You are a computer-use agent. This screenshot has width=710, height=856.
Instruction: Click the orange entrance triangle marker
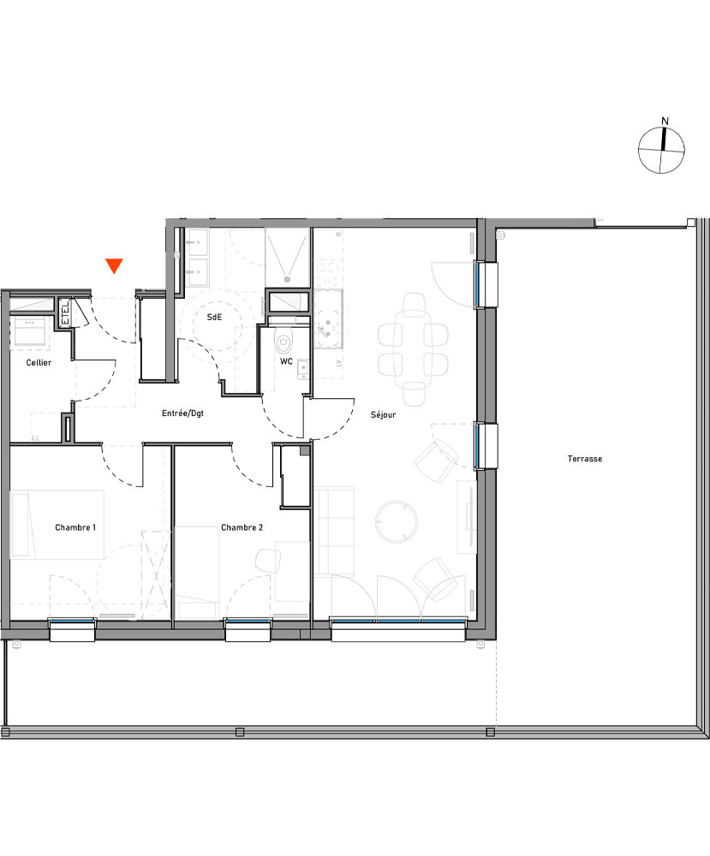[115, 266]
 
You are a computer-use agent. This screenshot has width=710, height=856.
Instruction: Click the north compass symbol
[662, 150]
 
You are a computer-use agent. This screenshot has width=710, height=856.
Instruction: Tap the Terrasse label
[585, 459]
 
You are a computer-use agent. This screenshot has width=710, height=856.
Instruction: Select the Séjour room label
[383, 415]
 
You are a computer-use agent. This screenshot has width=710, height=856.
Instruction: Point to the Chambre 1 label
[75, 528]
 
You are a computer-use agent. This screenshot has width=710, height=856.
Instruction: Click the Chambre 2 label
[242, 528]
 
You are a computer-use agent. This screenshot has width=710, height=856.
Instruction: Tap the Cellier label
[38, 363]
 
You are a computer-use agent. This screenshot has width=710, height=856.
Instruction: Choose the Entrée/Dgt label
[182, 413]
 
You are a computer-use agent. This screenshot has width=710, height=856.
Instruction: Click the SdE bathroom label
[214, 317]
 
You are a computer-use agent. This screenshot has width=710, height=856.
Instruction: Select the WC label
[287, 362]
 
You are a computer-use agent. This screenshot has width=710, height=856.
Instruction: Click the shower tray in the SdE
[287, 255]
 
